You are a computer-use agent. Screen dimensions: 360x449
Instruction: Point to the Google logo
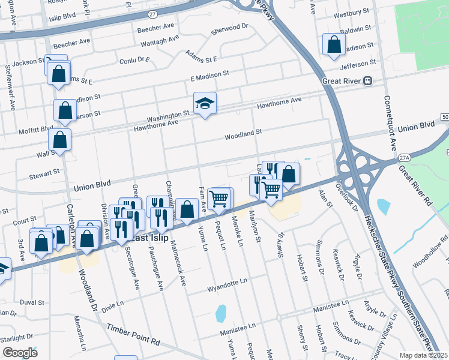(x=20, y=352)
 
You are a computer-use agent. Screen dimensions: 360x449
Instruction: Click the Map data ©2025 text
(x=423, y=355)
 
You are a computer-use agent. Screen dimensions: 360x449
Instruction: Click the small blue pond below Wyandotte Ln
(x=221, y=313)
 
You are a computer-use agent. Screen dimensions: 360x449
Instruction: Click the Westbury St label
(x=351, y=12)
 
